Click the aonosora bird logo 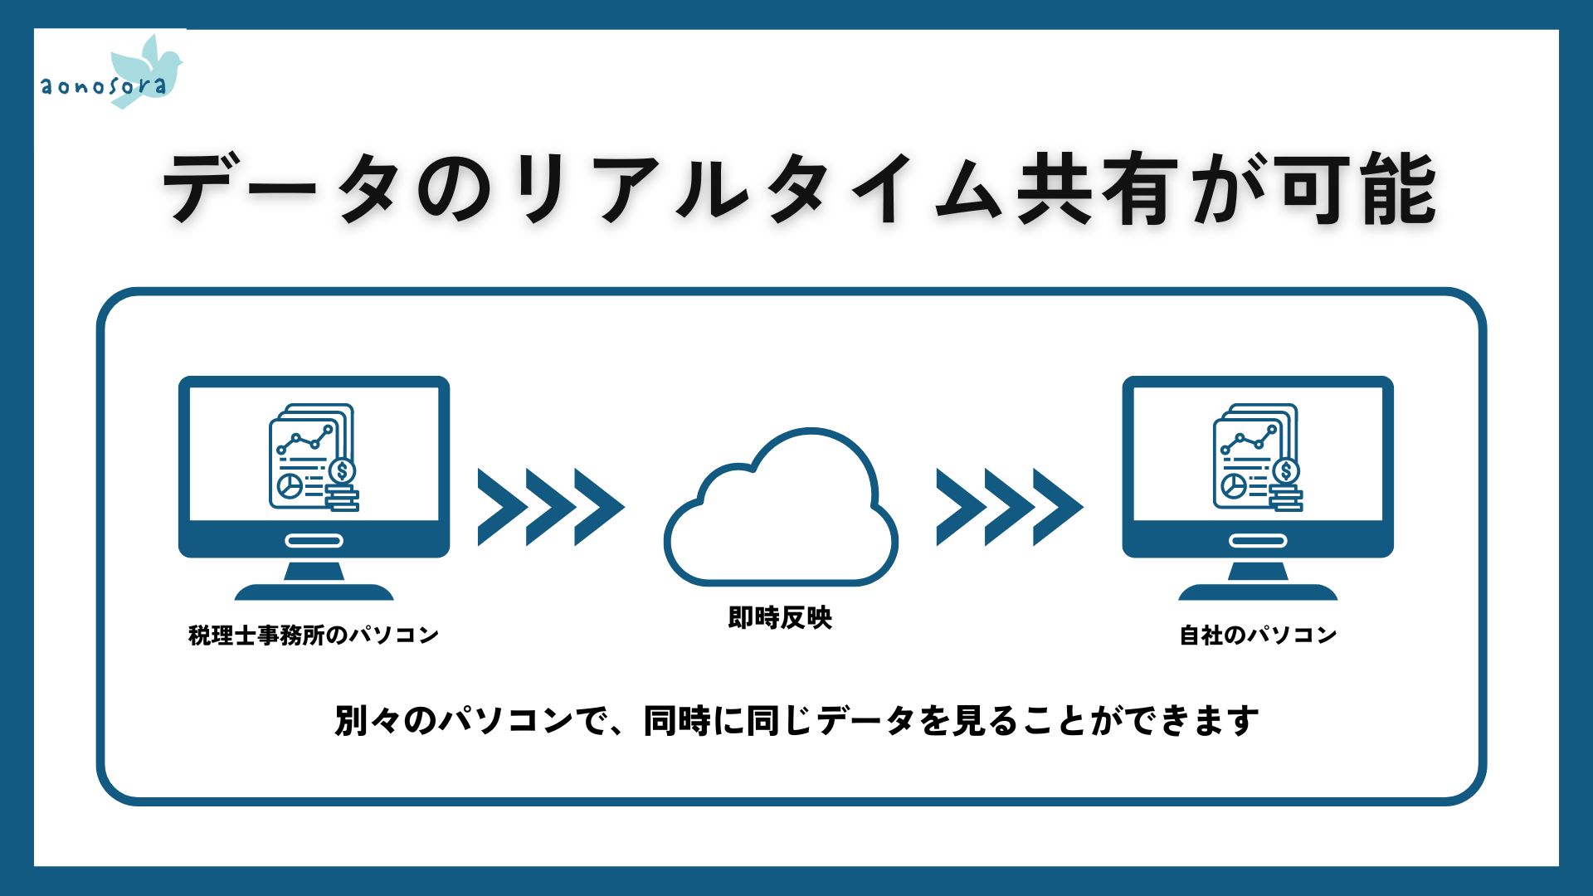point(112,73)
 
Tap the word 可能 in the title point(1357,190)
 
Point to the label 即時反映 point(780,617)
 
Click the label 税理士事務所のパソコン point(314,635)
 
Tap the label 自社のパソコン point(1258,635)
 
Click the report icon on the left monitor point(314,457)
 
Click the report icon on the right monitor point(1258,457)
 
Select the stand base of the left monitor point(314,592)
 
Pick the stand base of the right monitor point(1258,592)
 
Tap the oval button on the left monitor point(314,541)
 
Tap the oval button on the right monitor point(1258,541)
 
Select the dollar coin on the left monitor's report point(342,471)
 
